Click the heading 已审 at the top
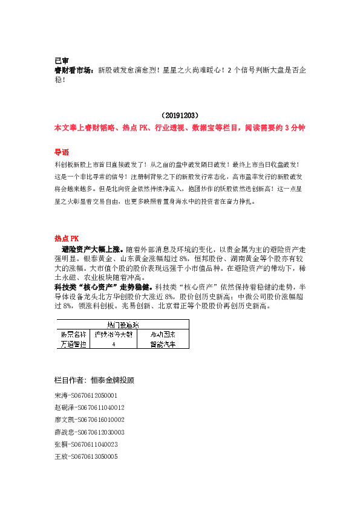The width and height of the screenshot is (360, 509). click(x=61, y=61)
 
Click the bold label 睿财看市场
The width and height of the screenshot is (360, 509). click(x=74, y=70)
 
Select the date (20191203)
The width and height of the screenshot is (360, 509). click(x=180, y=115)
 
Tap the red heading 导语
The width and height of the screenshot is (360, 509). click(x=61, y=152)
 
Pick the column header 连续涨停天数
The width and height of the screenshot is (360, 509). click(x=114, y=334)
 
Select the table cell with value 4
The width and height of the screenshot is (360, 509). click(x=114, y=343)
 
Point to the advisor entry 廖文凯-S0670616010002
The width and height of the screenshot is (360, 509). click(x=90, y=420)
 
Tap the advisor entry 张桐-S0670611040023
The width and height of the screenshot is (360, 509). click(x=86, y=444)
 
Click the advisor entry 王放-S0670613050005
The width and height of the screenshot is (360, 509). click(x=86, y=457)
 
